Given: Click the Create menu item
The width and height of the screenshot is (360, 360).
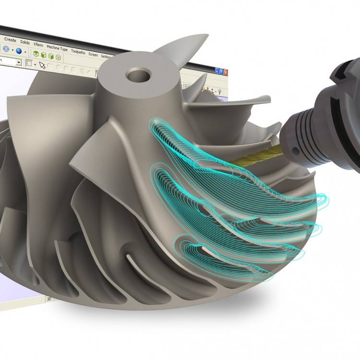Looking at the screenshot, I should point(10,40).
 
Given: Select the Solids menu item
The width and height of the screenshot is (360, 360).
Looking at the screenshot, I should point(25,42).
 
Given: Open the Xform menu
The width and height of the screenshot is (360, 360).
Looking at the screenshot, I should point(38,44).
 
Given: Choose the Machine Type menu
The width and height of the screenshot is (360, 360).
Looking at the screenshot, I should point(57,47).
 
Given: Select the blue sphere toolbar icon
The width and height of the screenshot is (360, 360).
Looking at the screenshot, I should point(19,50).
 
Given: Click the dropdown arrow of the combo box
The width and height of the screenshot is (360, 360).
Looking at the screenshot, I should point(19,62).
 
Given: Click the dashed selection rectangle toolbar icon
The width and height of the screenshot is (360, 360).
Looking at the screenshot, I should point(29,63).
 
